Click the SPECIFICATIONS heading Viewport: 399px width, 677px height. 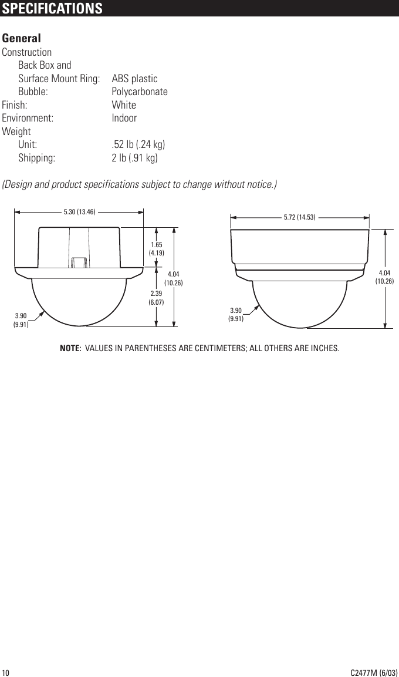(x=52, y=9)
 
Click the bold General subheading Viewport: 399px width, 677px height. (x=22, y=38)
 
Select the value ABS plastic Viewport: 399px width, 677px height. (x=134, y=79)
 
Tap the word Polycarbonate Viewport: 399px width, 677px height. (x=140, y=92)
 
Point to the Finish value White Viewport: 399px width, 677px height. (x=124, y=105)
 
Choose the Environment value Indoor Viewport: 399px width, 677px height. (x=124, y=118)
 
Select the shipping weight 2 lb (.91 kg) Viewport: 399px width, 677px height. (x=134, y=158)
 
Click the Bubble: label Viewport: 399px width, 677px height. (x=33, y=92)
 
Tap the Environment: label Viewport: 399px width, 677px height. (x=28, y=118)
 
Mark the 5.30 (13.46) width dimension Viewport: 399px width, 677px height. (x=80, y=211)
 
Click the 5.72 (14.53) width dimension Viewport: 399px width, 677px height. (x=300, y=217)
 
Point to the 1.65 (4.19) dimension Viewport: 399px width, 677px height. (x=157, y=248)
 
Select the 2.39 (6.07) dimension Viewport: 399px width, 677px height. (x=157, y=298)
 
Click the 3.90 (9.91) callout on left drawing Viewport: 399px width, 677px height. (x=21, y=319)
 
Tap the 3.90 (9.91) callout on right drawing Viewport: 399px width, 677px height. (x=236, y=314)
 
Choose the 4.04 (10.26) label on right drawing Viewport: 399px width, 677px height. (x=384, y=277)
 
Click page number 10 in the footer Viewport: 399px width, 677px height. (x=6, y=672)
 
